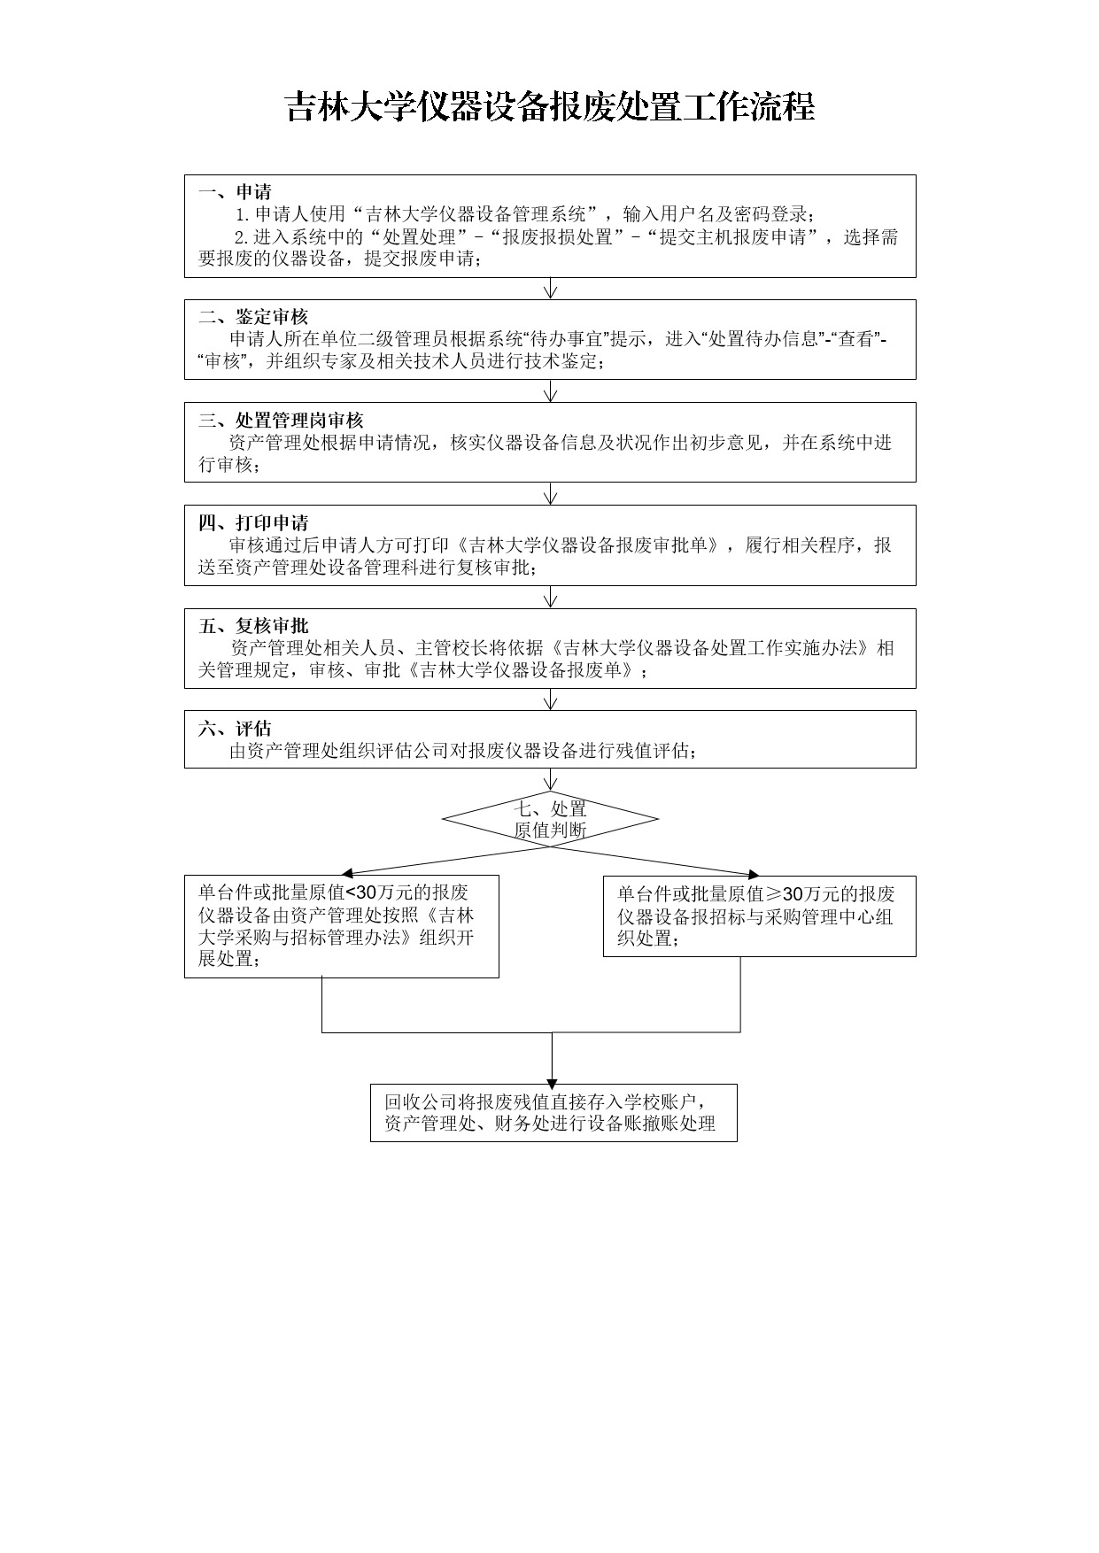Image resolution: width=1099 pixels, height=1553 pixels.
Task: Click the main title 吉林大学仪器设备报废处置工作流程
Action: point(549,107)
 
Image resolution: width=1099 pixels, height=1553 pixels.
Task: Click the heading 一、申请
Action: point(235,192)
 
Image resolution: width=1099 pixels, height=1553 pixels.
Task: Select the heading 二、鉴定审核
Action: point(253,317)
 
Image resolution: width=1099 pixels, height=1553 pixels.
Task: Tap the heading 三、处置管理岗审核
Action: point(281,420)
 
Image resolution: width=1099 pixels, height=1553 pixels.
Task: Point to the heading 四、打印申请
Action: point(253,522)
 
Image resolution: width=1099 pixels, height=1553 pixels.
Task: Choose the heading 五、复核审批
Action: point(253,626)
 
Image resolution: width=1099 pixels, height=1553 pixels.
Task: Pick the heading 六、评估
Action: point(235,729)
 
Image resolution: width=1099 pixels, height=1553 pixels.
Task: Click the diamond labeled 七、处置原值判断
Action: point(550,819)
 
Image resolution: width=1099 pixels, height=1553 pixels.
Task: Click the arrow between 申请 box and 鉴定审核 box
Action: point(551,289)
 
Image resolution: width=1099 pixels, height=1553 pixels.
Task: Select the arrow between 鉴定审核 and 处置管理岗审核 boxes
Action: point(551,391)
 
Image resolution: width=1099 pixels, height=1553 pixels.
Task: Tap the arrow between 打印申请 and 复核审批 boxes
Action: point(551,597)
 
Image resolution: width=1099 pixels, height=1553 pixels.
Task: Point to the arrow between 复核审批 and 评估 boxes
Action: point(551,699)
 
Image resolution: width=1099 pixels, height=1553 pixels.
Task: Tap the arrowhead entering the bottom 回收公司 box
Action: point(552,1083)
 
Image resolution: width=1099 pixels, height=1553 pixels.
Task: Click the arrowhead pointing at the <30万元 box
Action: point(348,873)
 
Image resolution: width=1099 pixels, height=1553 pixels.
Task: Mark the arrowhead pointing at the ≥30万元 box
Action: point(753,874)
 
